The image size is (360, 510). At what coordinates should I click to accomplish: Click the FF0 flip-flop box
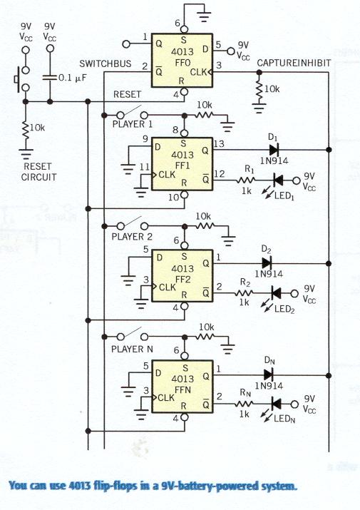182,61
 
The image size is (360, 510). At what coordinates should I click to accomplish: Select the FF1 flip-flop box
182,164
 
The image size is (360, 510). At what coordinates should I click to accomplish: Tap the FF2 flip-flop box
182,276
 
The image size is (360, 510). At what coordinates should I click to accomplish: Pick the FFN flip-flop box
182,387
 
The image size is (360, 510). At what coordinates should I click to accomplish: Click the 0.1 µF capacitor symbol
50,78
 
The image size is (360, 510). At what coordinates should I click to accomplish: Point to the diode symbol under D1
274,150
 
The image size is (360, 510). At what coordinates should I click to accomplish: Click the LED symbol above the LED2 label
276,293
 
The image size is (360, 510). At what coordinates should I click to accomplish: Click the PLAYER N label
132,350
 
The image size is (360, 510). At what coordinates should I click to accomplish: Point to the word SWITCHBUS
106,63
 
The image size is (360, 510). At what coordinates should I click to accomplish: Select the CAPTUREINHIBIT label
294,63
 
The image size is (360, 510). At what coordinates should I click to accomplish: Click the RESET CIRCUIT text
38,172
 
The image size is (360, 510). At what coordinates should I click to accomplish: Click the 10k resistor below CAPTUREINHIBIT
259,88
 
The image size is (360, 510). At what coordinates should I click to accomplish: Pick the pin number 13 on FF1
219,144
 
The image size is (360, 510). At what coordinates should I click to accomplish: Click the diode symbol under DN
269,374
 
